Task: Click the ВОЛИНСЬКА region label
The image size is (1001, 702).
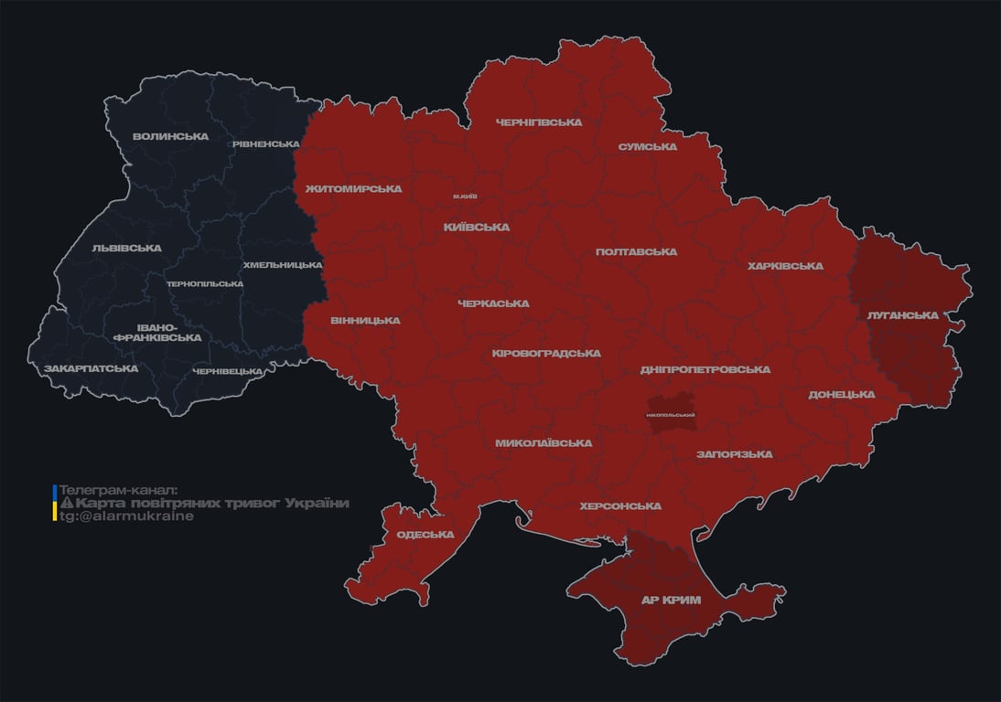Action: coord(170,137)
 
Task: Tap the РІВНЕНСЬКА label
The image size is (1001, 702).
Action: coord(265,144)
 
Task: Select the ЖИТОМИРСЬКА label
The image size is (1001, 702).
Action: coord(353,189)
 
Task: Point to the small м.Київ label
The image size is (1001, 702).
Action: coord(465,197)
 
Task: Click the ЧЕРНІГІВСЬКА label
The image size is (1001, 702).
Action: coord(539,122)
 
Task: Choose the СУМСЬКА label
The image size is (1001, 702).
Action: coord(647,147)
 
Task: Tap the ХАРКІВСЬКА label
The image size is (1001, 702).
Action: coord(785,267)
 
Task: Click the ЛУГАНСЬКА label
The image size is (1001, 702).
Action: coord(903,315)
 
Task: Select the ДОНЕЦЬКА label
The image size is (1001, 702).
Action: coord(842,395)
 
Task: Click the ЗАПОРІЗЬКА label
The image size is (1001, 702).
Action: coord(734,454)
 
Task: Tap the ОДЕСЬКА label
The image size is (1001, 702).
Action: coord(425,535)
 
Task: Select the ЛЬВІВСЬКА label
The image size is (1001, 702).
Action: coord(126,249)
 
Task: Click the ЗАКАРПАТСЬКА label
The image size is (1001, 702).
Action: coord(91,369)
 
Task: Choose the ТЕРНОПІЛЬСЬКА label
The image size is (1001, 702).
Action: coord(205,284)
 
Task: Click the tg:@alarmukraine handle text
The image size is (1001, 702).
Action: coord(127,516)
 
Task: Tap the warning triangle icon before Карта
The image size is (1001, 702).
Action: coord(66,504)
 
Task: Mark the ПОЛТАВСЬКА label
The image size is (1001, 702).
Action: coord(636,252)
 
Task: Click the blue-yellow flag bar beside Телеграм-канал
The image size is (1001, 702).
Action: coord(55,503)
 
